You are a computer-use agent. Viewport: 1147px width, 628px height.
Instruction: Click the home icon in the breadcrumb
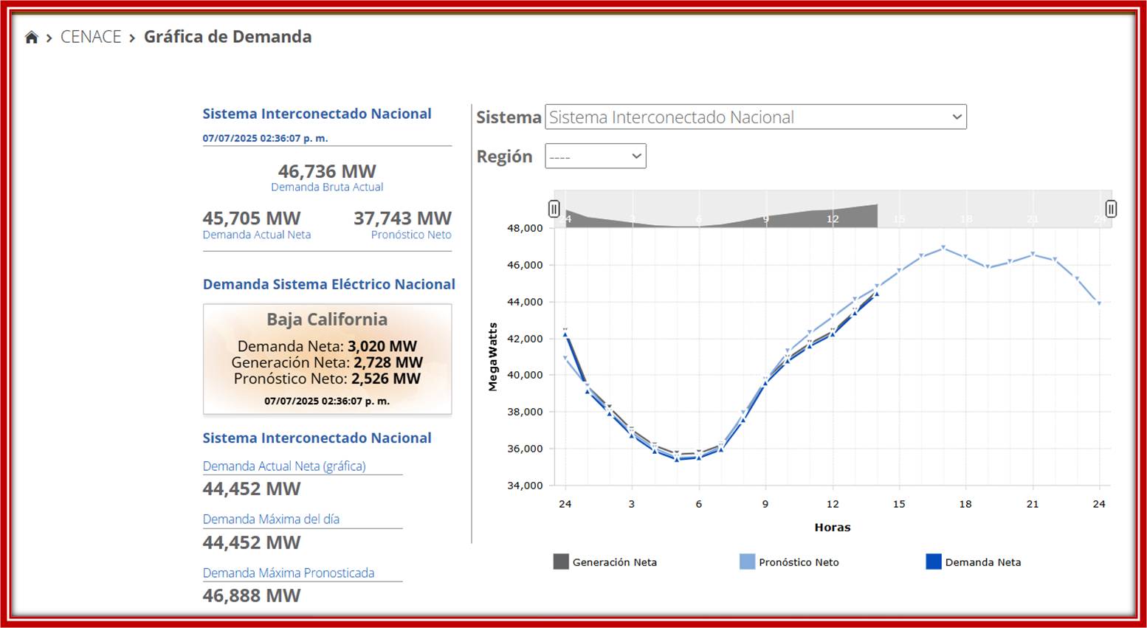[31, 38]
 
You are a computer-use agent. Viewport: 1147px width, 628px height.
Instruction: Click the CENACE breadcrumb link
[91, 37]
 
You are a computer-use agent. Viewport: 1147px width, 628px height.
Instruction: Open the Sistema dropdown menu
[755, 117]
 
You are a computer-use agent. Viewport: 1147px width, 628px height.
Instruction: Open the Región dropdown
[595, 156]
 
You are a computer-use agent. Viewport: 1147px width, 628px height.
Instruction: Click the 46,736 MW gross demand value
[327, 171]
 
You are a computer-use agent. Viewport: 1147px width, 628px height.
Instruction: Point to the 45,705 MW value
[252, 218]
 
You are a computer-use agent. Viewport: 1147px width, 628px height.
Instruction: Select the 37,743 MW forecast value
[402, 218]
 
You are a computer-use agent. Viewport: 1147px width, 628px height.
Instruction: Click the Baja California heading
[327, 320]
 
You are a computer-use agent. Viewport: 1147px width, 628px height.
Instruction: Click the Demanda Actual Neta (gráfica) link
[284, 466]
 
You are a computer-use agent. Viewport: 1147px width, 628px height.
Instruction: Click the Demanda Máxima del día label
[271, 520]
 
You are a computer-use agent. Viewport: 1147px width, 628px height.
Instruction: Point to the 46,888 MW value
[252, 596]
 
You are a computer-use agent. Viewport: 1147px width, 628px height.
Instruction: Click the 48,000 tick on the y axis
[525, 229]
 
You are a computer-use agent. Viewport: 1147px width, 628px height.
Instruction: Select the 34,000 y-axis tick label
[525, 486]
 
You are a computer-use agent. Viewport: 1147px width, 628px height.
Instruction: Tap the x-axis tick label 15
[898, 504]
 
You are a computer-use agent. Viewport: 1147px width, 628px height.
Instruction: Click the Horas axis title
[832, 528]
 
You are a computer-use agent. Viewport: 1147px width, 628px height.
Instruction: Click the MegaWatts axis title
[493, 356]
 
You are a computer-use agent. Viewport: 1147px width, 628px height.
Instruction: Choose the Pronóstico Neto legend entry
[798, 562]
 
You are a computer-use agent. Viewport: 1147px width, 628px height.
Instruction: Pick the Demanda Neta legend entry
[982, 562]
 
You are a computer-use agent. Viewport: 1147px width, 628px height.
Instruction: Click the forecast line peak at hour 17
[943, 247]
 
